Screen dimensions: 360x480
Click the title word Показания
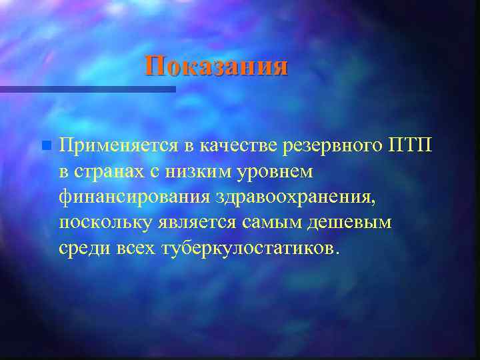tap(217, 66)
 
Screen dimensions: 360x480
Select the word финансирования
tap(134, 197)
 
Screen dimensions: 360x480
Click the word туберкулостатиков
tap(250, 249)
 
